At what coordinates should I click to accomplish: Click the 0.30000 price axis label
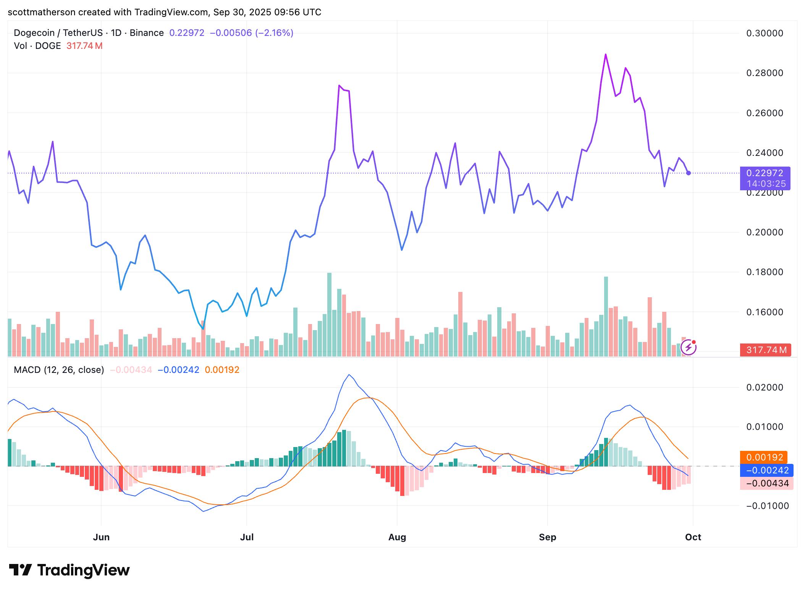click(x=765, y=33)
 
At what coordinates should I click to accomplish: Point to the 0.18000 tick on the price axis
click(x=765, y=272)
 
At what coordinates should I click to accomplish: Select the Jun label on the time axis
click(x=101, y=537)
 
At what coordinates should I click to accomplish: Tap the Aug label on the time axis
click(x=397, y=537)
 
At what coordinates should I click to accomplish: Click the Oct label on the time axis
click(x=693, y=537)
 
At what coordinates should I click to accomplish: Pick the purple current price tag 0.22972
click(x=765, y=173)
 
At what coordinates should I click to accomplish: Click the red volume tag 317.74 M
click(x=765, y=350)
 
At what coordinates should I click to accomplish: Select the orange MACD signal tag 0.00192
click(x=764, y=457)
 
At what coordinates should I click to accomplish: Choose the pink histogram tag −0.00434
click(x=766, y=483)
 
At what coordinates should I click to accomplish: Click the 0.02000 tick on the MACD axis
click(x=765, y=387)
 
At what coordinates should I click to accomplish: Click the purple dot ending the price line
click(x=689, y=173)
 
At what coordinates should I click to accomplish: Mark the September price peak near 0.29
click(x=606, y=55)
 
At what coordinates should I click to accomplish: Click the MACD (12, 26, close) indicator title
click(x=59, y=370)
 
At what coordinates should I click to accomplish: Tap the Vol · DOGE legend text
click(x=37, y=46)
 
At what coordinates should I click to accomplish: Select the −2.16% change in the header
click(x=274, y=33)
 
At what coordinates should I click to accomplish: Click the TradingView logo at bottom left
click(x=70, y=570)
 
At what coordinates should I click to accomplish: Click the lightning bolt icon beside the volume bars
click(x=689, y=347)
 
